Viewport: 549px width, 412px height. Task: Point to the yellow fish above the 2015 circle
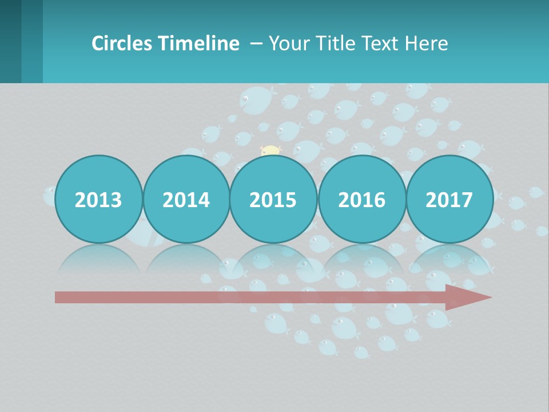270,151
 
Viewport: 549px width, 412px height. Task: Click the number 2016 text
361,200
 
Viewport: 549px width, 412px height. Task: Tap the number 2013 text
98,200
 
